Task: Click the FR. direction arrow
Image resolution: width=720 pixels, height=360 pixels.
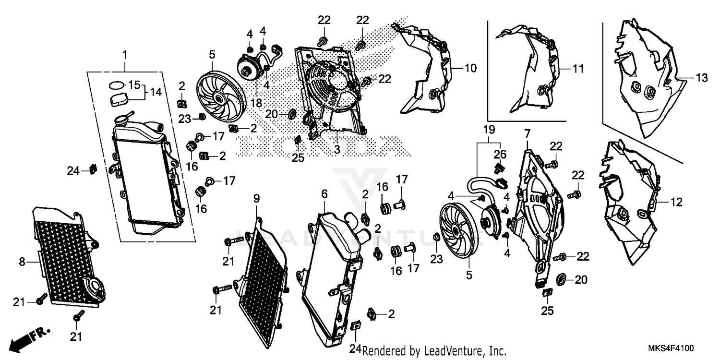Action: (x=26, y=338)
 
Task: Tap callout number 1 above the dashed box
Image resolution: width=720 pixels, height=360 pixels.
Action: (x=125, y=55)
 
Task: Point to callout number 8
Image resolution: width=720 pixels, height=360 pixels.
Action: (x=22, y=262)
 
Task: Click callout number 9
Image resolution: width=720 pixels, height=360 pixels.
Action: (x=256, y=197)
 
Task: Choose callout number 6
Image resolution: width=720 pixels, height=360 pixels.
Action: (x=324, y=193)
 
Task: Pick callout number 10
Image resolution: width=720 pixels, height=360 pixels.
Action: (x=470, y=69)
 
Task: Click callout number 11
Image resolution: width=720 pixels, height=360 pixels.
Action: (x=578, y=69)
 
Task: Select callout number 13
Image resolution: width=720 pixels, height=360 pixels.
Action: (x=702, y=78)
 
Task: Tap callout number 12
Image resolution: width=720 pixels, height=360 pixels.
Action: (x=676, y=203)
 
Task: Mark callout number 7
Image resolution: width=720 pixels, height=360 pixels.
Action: (x=527, y=132)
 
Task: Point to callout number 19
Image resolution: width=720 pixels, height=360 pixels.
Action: (x=489, y=130)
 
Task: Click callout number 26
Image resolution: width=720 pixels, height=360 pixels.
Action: (x=500, y=155)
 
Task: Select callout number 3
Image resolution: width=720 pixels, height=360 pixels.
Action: (x=337, y=150)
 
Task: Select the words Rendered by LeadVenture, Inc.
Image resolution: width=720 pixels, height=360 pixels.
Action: (x=434, y=351)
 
